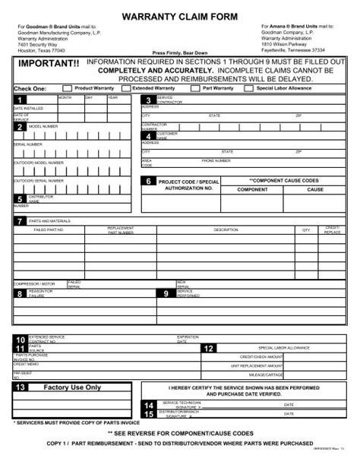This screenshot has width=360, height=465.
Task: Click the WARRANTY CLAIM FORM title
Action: pos(180,16)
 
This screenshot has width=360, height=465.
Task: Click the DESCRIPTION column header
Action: pos(226,229)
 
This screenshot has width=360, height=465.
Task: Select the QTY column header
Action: pos(307,229)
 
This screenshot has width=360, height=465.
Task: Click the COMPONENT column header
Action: pos(253,189)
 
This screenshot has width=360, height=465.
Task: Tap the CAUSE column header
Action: pos(315,189)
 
